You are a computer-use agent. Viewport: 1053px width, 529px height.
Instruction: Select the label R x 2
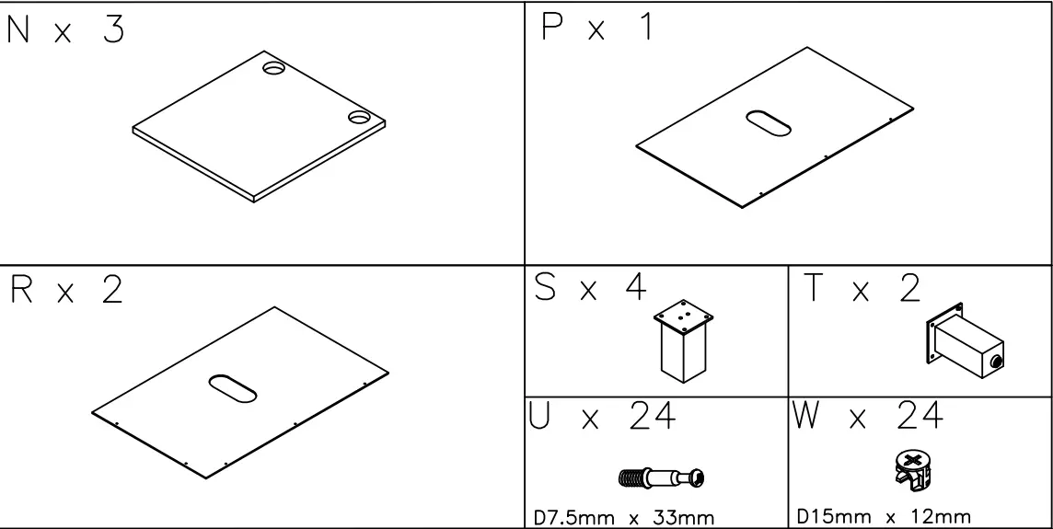tap(65, 292)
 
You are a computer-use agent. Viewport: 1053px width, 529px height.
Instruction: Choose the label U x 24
tap(602, 419)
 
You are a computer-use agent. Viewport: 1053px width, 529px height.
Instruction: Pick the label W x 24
tap(866, 419)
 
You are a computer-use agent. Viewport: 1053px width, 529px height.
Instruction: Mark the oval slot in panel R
tap(233, 387)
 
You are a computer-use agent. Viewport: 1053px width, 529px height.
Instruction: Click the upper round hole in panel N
tap(273, 69)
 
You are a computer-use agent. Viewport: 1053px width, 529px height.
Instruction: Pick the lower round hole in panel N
tap(360, 117)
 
